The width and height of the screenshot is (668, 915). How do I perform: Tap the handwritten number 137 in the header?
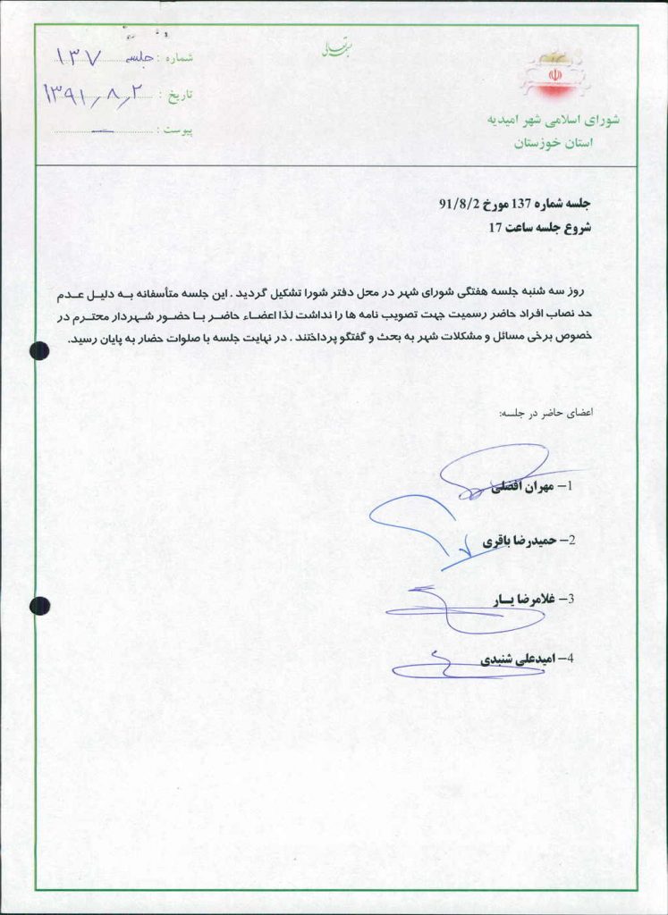81,57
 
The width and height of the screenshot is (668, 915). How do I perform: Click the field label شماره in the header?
176,57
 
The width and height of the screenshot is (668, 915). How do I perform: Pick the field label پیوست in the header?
176,130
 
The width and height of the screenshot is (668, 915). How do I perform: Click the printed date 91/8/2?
456,205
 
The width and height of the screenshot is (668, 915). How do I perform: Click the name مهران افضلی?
520,487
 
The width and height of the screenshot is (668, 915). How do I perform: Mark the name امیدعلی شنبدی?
519,659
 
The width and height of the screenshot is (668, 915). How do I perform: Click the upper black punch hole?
38,351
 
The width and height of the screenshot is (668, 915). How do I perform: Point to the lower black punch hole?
39,606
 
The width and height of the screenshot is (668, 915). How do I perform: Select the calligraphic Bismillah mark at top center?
332,50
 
